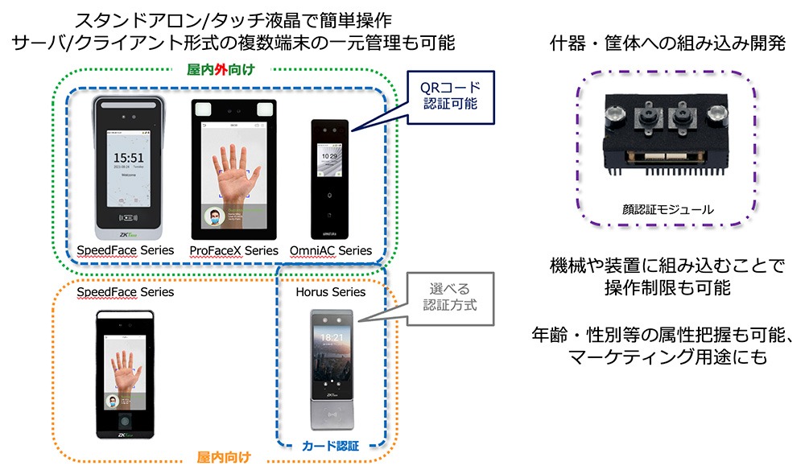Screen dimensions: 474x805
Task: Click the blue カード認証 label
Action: click(x=330, y=444)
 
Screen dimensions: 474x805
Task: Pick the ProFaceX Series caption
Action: click(x=234, y=250)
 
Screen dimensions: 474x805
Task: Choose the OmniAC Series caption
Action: click(x=331, y=250)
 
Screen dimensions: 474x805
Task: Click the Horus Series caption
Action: click(x=331, y=291)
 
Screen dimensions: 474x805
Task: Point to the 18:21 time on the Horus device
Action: click(x=330, y=338)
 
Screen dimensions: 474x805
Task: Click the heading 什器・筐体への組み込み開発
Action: click(x=667, y=43)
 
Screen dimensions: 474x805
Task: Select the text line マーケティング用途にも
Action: click(x=667, y=357)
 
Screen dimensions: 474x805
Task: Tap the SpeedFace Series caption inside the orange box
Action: click(x=126, y=291)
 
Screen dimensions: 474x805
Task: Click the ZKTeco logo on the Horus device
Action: click(x=330, y=395)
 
